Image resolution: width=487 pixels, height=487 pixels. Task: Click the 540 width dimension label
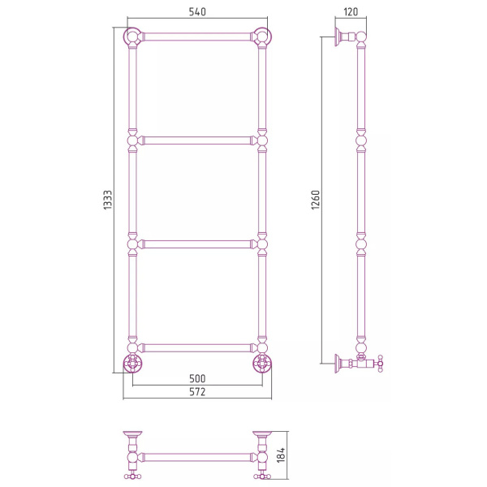tap(197, 12)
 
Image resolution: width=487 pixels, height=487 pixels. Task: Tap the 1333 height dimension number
tap(107, 200)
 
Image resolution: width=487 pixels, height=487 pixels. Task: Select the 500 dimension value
tap(197, 378)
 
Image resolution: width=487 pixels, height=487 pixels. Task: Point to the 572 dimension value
tap(197, 392)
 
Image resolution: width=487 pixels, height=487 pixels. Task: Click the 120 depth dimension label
tap(351, 12)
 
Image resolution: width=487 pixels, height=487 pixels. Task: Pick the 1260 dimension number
tap(315, 200)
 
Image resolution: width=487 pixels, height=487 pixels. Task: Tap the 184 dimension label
tap(281, 455)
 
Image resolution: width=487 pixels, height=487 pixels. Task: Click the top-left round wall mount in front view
tap(132, 37)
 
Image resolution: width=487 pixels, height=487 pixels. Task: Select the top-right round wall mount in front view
tap(262, 37)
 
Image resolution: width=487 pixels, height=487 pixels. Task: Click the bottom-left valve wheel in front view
tap(132, 364)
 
